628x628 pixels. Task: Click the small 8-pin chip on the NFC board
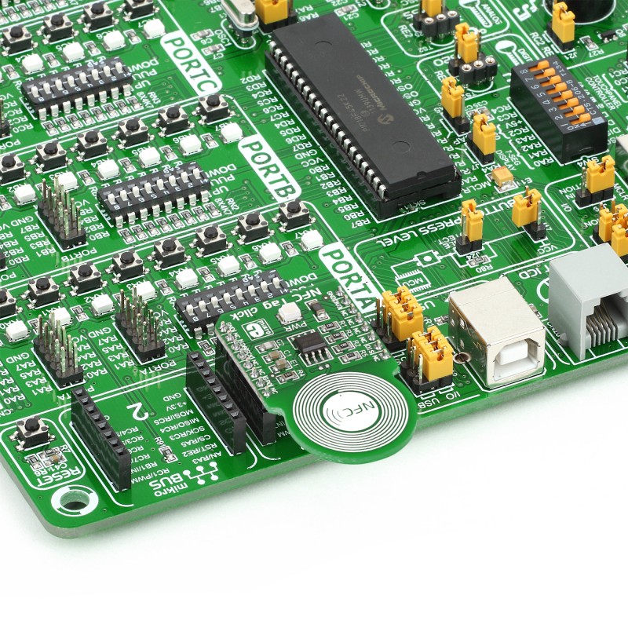pos(313,346)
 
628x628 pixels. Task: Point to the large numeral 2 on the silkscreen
pos(139,409)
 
